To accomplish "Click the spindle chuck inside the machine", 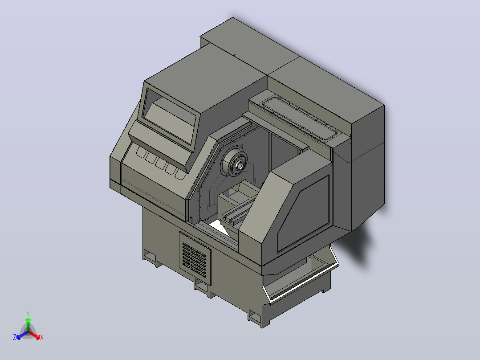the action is pos(235,161).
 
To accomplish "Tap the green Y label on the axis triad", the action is pos(28,314).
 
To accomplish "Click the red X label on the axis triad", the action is pos(42,338).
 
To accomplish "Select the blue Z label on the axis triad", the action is pos(15,337).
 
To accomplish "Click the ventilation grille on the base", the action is pos(195,258).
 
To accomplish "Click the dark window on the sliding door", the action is pos(304,213).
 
